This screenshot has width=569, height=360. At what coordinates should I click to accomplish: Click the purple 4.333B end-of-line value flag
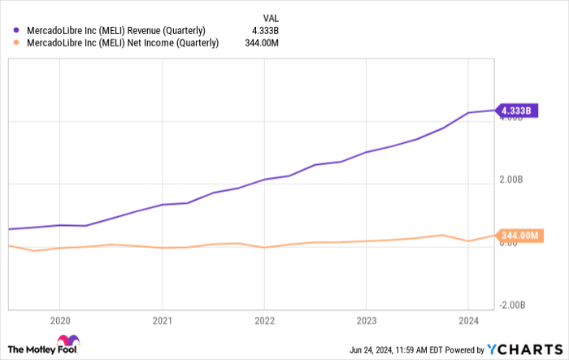click(517, 111)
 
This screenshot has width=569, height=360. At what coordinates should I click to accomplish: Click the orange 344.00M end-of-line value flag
click(518, 236)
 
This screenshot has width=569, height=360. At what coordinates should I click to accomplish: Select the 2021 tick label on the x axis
click(163, 319)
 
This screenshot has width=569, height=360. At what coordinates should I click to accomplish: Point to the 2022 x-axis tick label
click(264, 319)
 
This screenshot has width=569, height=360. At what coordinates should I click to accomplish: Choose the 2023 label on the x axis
click(367, 319)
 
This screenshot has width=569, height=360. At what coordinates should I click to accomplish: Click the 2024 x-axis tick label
click(468, 319)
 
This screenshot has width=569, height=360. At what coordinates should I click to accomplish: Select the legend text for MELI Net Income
click(121, 44)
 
